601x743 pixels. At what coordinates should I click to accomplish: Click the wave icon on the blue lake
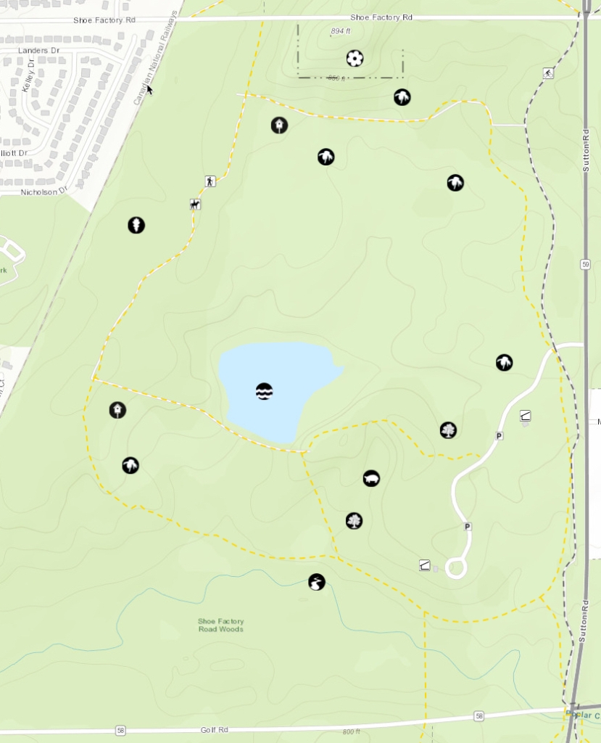[x=265, y=392]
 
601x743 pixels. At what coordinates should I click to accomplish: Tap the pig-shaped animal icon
[x=371, y=478]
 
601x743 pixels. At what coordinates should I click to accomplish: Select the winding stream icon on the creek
[x=316, y=582]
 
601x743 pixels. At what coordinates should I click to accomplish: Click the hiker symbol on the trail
[x=210, y=181]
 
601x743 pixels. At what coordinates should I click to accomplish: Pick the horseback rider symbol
[x=195, y=205]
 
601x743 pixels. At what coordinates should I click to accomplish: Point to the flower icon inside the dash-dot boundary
[x=355, y=58]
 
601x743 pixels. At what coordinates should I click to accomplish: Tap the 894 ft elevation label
[x=340, y=31]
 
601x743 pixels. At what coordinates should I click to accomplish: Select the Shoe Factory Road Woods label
[x=220, y=625]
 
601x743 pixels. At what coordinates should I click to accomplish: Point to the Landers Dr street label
[x=38, y=50]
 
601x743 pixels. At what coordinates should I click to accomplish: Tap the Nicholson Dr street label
[x=43, y=191]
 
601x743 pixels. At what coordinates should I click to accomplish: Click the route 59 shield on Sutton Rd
[x=584, y=263]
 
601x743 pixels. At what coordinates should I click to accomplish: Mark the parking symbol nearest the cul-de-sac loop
[x=468, y=527]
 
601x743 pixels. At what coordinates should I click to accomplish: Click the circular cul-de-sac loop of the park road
[x=456, y=567]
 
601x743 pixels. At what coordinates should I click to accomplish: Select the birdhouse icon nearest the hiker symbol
[x=279, y=126]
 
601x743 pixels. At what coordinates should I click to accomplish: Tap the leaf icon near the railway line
[x=136, y=225]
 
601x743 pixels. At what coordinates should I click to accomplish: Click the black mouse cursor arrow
[x=149, y=89]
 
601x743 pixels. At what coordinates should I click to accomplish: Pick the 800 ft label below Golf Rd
[x=351, y=732]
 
